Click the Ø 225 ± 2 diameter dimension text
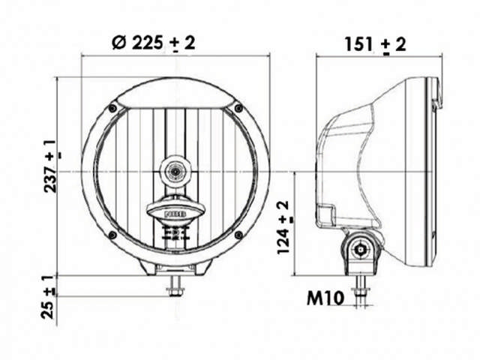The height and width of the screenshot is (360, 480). pyautogui.click(x=153, y=43)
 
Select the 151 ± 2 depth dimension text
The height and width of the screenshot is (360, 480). pyautogui.click(x=375, y=44)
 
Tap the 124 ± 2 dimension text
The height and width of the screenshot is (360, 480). pyautogui.click(x=284, y=226)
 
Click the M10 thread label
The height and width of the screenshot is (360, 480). pyautogui.click(x=325, y=298)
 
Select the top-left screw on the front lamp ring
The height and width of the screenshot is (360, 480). pyautogui.click(x=112, y=109)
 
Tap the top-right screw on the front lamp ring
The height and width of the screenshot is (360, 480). pyautogui.click(x=238, y=109)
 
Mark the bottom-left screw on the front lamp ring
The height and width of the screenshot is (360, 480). pyautogui.click(x=112, y=235)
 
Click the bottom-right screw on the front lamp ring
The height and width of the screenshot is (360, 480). pyautogui.click(x=238, y=235)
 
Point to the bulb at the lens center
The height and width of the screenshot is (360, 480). pyautogui.click(x=175, y=171)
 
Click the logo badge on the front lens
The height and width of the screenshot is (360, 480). pyautogui.click(x=175, y=214)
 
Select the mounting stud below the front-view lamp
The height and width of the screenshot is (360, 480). pyautogui.click(x=175, y=283)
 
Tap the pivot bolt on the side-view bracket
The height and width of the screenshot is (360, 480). pyautogui.click(x=363, y=247)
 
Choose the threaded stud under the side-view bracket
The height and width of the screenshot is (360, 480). pyautogui.click(x=363, y=289)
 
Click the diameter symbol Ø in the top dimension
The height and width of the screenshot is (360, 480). pyautogui.click(x=118, y=43)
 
